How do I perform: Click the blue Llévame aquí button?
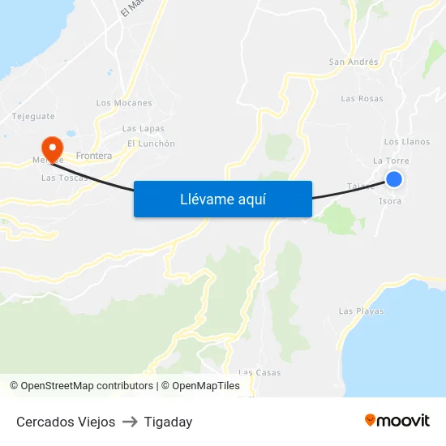click(222, 199)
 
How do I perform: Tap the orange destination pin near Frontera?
click(53, 148)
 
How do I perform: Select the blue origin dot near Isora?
click(394, 179)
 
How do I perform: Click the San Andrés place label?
click(353, 62)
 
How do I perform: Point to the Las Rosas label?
click(362, 99)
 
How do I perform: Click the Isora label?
click(390, 201)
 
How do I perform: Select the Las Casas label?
click(259, 372)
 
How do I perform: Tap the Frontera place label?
click(92, 155)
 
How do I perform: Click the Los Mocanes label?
click(124, 103)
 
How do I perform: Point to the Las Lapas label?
click(143, 129)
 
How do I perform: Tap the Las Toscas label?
click(62, 178)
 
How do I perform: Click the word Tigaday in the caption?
click(168, 422)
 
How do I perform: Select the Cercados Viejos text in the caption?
click(66, 422)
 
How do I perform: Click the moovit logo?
click(397, 420)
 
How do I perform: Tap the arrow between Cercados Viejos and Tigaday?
click(130, 422)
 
